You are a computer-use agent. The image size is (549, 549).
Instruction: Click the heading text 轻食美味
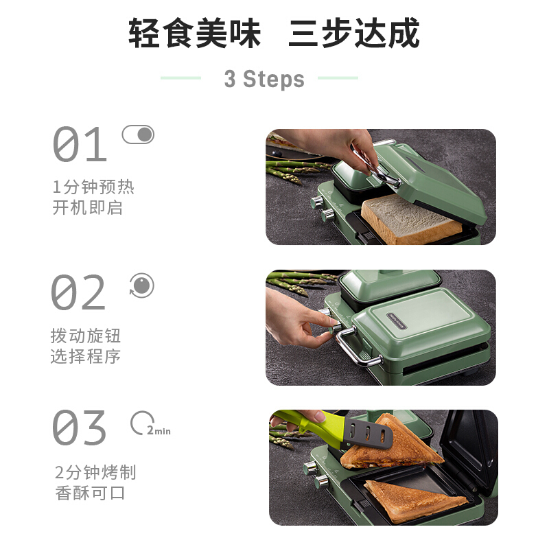195,34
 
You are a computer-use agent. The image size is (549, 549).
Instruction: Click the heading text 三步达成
354,34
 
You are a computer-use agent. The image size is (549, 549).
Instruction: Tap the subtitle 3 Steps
264,79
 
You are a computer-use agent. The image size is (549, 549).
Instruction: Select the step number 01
80,145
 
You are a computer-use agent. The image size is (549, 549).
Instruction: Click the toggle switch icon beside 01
139,135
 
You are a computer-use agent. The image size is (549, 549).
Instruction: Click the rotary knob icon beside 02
141,285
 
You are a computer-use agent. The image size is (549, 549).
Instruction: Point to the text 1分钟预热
93,187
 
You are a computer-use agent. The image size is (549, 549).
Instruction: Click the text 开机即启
87,208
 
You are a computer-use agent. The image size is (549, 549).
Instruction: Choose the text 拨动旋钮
86,336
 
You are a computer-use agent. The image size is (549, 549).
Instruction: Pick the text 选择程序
86,356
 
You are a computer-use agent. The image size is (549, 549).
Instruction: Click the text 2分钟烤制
95,472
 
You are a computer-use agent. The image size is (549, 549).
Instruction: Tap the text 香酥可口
91,493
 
